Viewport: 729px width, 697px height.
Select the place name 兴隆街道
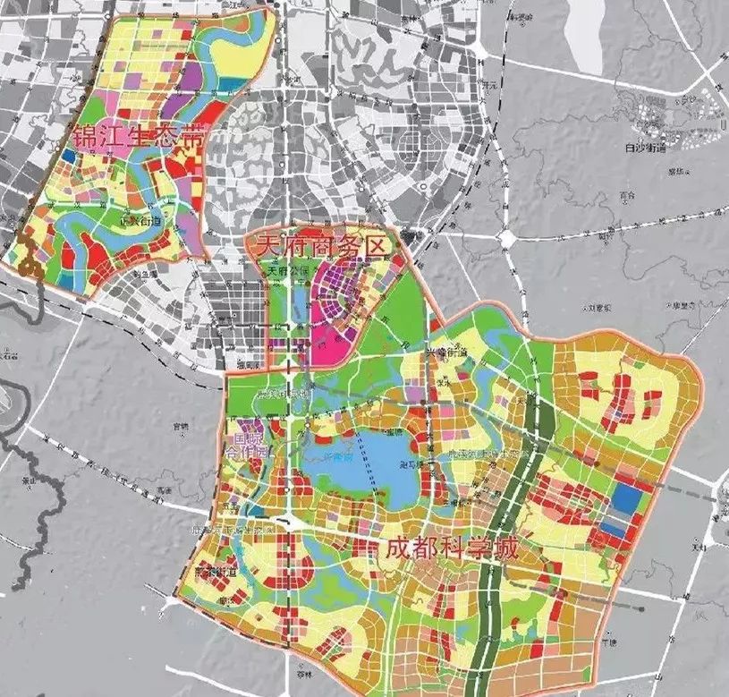445,356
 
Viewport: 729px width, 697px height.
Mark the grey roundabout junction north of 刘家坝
506,238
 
